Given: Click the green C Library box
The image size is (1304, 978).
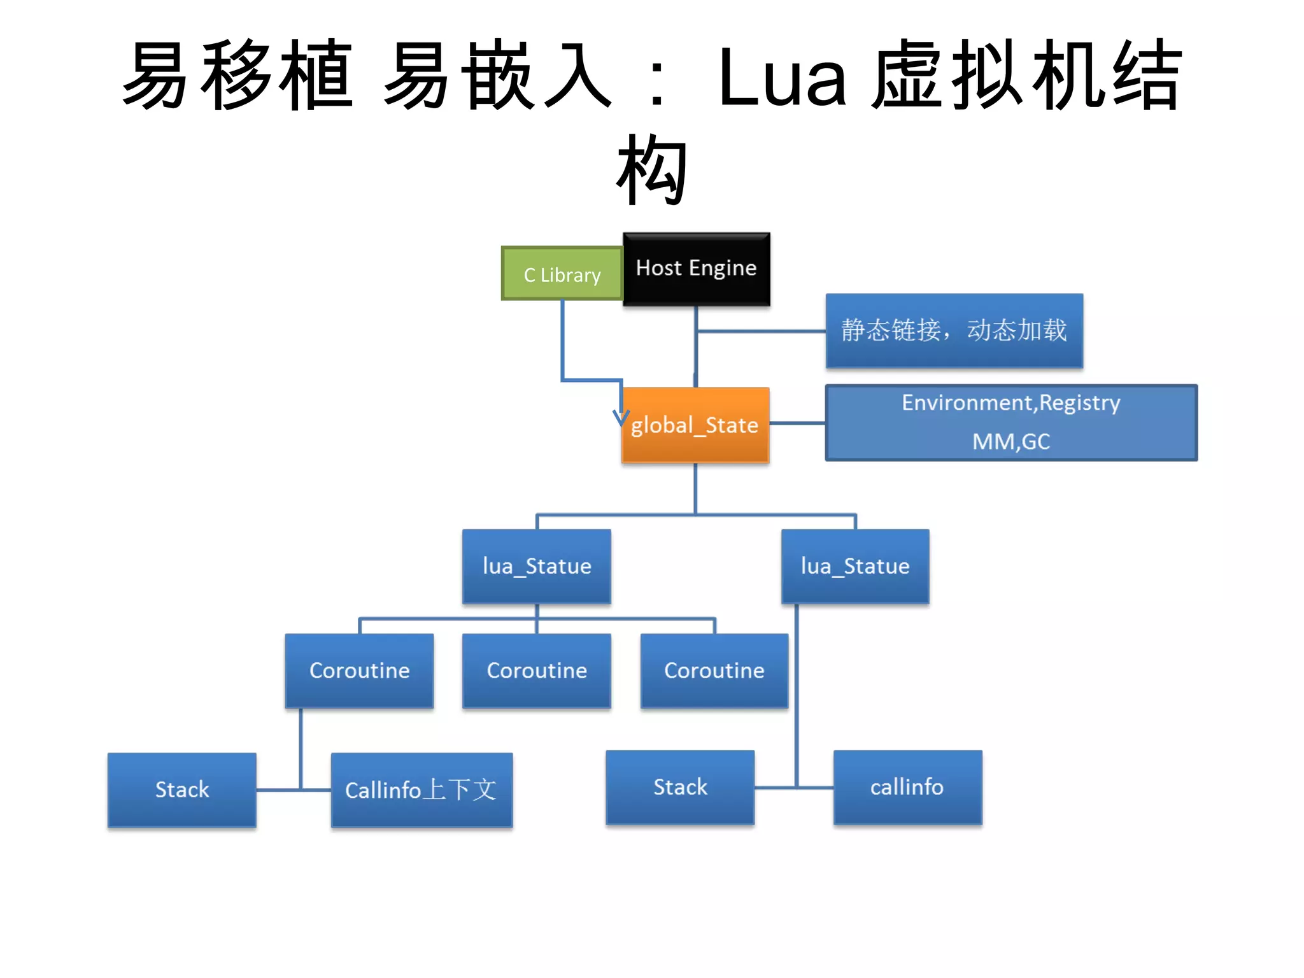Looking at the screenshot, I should point(562,274).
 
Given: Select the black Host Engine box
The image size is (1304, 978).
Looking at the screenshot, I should point(696,269).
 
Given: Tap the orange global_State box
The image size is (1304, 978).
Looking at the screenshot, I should point(695,425).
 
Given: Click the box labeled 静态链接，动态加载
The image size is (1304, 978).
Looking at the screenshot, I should point(954,330).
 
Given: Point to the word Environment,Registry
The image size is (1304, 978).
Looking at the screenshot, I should point(1010,403).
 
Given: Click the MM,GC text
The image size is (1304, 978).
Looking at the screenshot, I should point(1010,441).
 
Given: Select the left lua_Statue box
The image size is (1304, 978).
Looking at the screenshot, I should point(537,566).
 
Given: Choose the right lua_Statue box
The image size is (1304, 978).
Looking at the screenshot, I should point(855,566).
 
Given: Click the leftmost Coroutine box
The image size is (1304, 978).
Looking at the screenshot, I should point(359,670).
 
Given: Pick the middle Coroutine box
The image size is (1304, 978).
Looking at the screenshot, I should point(537,670).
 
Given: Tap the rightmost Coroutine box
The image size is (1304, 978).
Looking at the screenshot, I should point(714,670).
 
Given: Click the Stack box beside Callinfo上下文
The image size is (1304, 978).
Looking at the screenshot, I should point(182,790).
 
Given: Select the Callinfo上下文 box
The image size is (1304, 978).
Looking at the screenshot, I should point(422,790).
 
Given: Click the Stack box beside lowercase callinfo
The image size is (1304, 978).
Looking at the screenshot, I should point(680,787).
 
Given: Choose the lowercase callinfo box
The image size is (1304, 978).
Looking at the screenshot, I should point(907,787).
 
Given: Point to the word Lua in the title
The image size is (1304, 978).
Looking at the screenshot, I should point(782,78).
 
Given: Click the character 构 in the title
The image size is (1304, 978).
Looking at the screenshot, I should point(652,171).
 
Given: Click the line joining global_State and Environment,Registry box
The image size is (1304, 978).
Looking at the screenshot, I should point(797,423).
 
